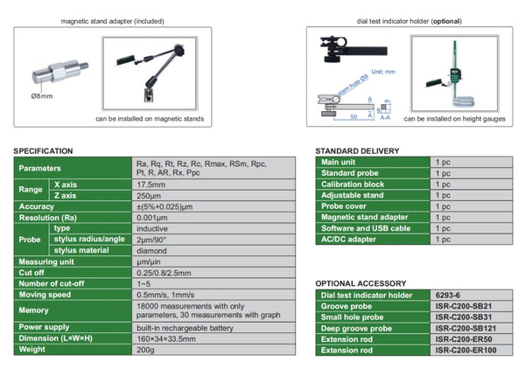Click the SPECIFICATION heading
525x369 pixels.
point(44,150)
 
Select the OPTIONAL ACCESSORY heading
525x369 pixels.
point(360,283)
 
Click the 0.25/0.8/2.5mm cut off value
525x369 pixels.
point(164,272)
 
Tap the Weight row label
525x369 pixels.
point(33,349)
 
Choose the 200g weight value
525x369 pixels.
point(144,349)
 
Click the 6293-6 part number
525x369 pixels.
point(448,295)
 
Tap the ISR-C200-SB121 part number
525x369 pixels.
point(463,328)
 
